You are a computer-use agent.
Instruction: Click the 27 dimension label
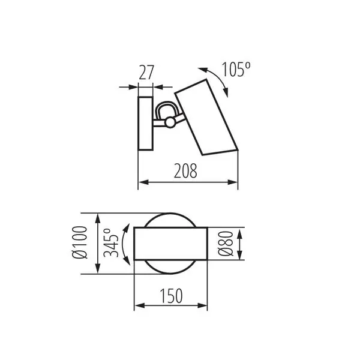146,73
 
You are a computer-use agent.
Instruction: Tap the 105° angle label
236,69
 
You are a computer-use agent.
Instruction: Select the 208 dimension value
185,171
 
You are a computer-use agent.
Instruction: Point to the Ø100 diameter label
80,242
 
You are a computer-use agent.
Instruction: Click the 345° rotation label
111,242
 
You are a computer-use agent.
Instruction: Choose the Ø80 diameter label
225,244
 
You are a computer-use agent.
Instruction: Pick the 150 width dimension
171,296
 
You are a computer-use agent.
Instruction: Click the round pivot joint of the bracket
170,122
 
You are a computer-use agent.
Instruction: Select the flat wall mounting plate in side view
145,124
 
